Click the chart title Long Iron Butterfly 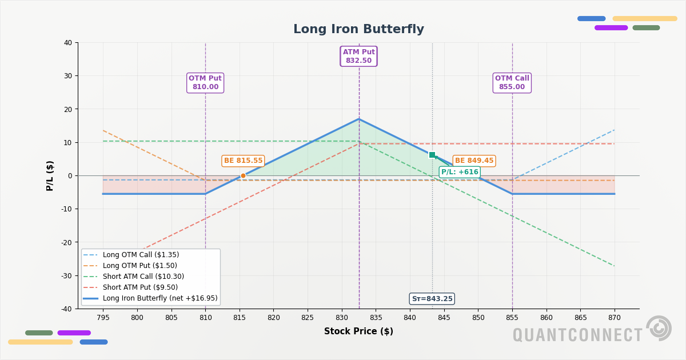[x=358, y=30]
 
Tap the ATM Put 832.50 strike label [x=358, y=57]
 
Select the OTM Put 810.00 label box [x=205, y=83]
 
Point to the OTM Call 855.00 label [x=512, y=83]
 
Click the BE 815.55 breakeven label [x=243, y=161]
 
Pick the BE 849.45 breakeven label [x=474, y=161]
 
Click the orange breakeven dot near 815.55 [x=243, y=176]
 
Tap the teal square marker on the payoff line [x=432, y=155]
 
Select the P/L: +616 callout [x=460, y=172]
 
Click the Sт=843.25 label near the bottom [x=432, y=299]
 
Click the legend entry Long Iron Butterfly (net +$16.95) [x=159, y=298]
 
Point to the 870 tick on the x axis [x=615, y=317]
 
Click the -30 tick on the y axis [x=67, y=275]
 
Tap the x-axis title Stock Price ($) [x=358, y=331]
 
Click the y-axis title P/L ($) [x=50, y=175]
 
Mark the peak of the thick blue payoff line [x=359, y=119]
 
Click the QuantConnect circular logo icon [x=659, y=328]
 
